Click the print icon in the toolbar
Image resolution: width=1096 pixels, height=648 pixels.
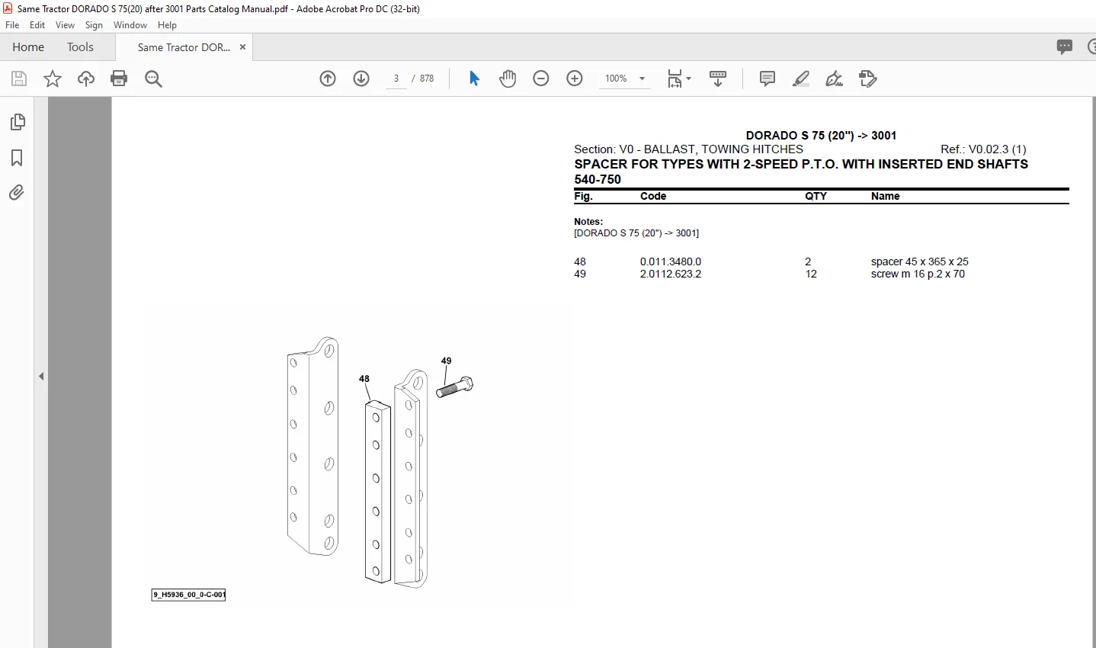pos(119,79)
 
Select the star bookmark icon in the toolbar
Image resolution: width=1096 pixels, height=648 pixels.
pos(53,79)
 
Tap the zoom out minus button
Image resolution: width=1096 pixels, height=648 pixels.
pos(540,79)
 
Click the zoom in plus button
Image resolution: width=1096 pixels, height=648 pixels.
pos(575,79)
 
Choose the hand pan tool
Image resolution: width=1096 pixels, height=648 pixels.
pos(508,79)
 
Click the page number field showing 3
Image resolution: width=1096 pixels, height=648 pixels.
pos(396,79)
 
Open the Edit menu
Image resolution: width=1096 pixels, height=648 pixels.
pos(37,25)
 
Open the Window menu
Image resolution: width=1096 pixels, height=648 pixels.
pos(130,25)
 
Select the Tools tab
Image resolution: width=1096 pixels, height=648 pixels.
pos(80,47)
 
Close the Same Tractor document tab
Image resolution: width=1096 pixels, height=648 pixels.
pos(242,47)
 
